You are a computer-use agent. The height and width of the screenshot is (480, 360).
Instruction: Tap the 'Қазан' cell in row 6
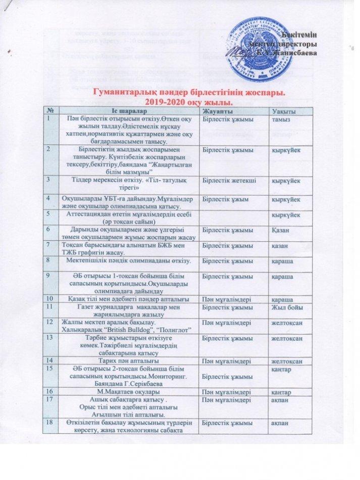281,230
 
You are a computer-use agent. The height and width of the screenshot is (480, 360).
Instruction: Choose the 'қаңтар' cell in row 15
280,368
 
